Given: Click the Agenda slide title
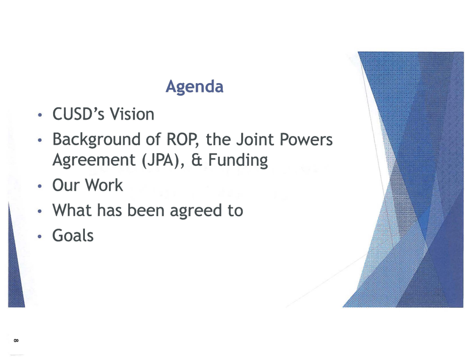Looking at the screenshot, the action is click(194, 87).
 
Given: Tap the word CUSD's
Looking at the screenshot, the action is click(78, 114).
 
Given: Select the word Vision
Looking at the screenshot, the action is click(132, 114).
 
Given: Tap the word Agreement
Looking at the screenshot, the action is click(94, 160).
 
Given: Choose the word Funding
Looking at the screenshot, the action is click(238, 160).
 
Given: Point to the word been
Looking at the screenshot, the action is click(146, 210).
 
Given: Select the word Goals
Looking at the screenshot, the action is click(73, 235).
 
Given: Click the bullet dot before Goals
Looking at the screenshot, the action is click(39, 237).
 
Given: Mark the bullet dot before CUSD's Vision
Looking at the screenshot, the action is click(39, 115).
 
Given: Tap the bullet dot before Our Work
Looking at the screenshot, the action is click(39, 186).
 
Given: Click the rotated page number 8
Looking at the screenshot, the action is click(16, 340).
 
